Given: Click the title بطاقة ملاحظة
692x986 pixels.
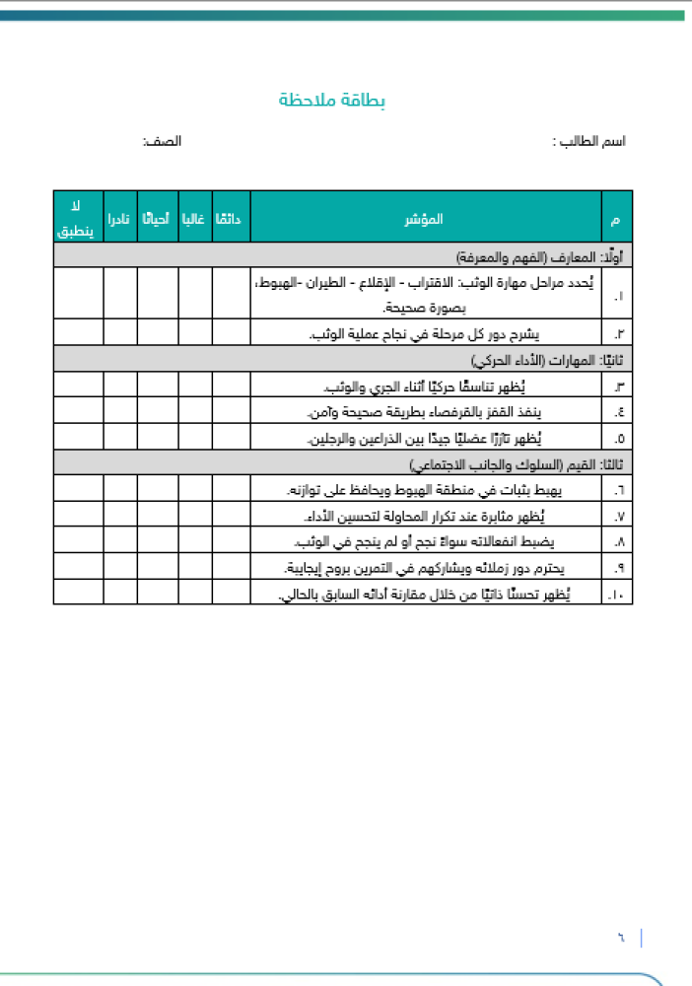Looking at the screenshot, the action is click(331, 101).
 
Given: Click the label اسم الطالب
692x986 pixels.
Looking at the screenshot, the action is click(589, 141).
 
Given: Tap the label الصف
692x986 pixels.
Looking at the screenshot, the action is click(163, 141).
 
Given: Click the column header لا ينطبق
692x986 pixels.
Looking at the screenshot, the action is click(78, 217).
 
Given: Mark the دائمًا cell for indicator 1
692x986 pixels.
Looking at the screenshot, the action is click(231, 293).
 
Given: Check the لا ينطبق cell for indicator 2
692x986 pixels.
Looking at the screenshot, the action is click(78, 332).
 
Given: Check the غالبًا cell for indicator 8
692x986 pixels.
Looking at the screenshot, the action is click(194, 541).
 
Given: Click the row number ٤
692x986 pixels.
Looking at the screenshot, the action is click(618, 411).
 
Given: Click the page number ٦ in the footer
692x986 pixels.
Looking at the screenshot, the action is click(622, 937).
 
